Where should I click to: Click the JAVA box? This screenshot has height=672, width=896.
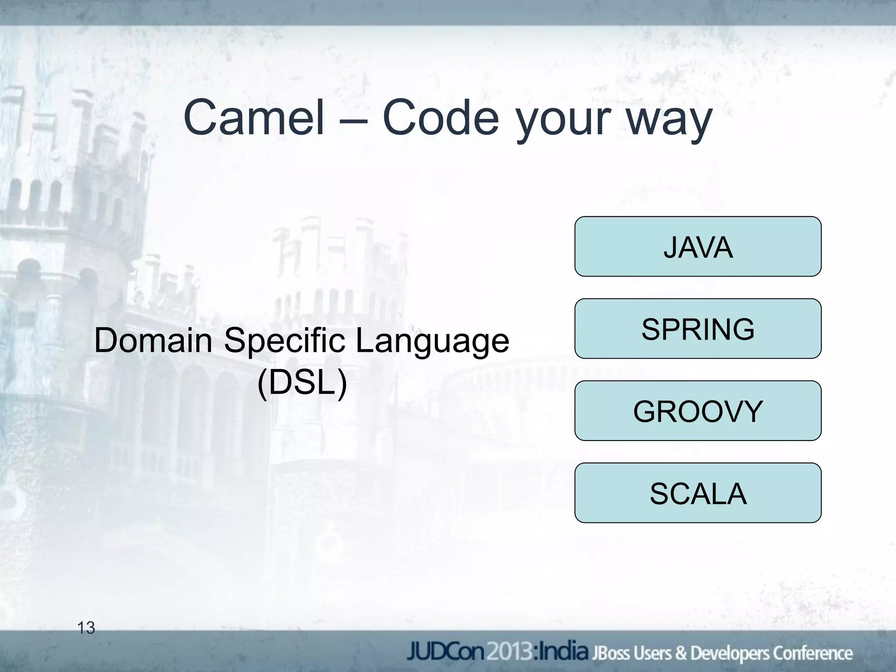[x=697, y=246]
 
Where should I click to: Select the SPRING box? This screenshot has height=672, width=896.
[x=697, y=329]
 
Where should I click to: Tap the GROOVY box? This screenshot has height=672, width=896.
[x=697, y=411]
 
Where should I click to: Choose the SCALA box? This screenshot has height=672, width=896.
[x=697, y=493]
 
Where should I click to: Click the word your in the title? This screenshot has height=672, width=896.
[x=565, y=122]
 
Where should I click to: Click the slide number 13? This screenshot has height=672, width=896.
[x=86, y=628]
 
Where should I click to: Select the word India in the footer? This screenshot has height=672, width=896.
[x=563, y=651]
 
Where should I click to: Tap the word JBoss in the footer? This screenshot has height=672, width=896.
[x=609, y=653]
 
